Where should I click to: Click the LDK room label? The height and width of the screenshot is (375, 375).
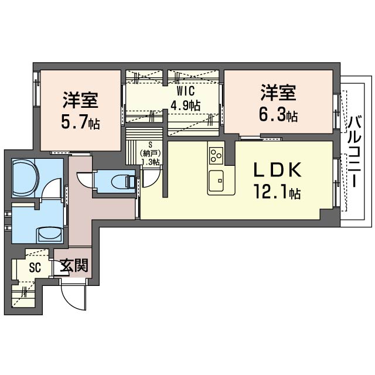pos(278,171)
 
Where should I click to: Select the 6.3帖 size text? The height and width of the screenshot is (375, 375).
pos(279,115)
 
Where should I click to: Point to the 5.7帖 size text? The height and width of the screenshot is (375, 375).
pos(80,122)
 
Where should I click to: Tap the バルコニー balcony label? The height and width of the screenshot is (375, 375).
pos(353,152)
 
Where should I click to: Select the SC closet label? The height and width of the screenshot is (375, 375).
pos(36,267)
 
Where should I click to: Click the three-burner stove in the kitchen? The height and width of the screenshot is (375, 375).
pos(215,155)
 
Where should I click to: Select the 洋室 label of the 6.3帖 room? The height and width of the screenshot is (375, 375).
pos(279,93)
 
